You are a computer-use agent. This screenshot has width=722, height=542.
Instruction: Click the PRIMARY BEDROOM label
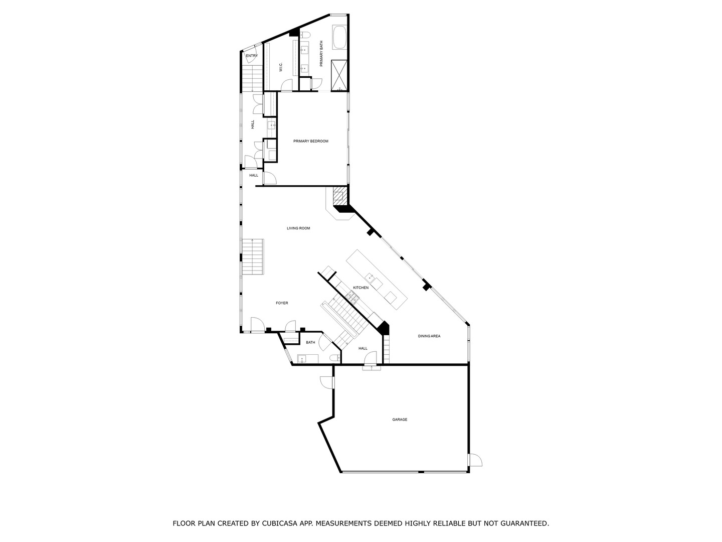310,141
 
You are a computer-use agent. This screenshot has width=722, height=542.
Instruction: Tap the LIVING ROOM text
298,228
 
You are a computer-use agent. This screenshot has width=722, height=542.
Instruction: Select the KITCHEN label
361,288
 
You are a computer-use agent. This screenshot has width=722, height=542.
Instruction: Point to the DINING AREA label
429,336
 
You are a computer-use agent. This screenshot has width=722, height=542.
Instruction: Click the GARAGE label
400,420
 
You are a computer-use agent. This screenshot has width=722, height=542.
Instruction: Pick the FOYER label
282,303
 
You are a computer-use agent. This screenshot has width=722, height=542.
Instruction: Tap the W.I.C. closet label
281,67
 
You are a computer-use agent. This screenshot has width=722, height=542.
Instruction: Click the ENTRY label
252,56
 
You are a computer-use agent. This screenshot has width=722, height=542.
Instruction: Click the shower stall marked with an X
339,75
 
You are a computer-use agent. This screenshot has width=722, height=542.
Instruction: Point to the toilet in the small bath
335,358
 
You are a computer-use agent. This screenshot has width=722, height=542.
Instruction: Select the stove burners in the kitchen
353,297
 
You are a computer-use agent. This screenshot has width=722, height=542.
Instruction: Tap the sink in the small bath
302,359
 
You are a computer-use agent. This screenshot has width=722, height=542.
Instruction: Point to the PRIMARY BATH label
321,54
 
